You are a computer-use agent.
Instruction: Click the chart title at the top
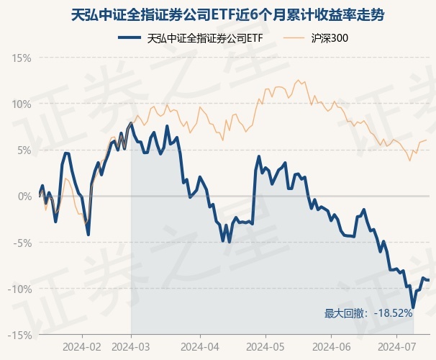(218, 13)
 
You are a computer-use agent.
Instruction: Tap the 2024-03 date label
(131, 346)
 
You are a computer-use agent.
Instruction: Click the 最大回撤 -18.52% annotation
(368, 313)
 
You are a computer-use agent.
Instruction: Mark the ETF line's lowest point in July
(413, 307)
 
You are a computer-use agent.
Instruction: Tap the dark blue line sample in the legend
(129, 38)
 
